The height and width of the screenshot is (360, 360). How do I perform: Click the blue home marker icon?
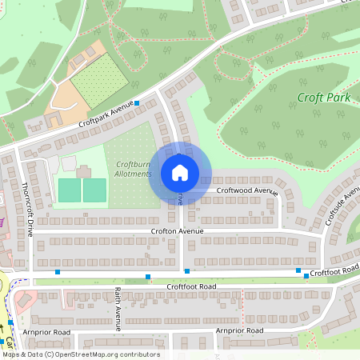click(x=180, y=173)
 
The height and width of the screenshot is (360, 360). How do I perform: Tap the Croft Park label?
click(x=324, y=98)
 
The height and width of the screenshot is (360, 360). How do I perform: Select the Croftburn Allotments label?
click(x=133, y=169)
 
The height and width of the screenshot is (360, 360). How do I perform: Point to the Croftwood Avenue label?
click(x=247, y=191)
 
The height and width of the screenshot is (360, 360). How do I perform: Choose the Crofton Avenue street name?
click(x=178, y=231)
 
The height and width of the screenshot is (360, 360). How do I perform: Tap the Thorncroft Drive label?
click(x=28, y=209)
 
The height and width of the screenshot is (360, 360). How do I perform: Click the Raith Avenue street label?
click(x=117, y=308)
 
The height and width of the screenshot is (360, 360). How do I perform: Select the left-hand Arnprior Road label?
click(x=47, y=332)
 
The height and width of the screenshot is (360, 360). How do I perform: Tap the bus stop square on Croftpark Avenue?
click(x=137, y=103)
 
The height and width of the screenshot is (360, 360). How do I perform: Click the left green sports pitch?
click(x=70, y=190)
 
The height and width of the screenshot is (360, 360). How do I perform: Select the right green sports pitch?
click(x=94, y=190)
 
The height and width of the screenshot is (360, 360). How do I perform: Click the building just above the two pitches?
click(x=83, y=170)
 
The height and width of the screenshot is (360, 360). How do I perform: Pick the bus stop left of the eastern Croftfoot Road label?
click(x=298, y=270)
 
